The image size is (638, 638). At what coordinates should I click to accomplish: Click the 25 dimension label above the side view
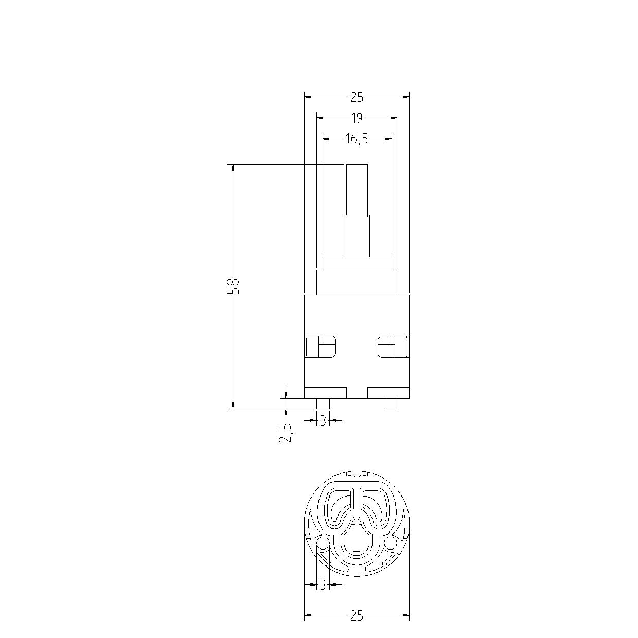357,97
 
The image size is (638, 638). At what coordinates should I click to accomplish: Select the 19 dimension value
357,118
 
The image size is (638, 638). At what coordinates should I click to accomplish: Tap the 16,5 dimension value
357,139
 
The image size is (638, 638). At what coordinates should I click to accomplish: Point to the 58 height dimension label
233,287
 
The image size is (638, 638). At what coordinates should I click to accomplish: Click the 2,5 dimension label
286,433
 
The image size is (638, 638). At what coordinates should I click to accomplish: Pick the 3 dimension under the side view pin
323,420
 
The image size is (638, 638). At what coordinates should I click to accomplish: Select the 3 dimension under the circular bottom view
323,585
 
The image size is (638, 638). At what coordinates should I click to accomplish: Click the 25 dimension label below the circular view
357,615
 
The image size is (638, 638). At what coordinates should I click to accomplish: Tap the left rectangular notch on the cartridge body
320,347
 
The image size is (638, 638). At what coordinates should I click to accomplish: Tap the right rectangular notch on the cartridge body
394,347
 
